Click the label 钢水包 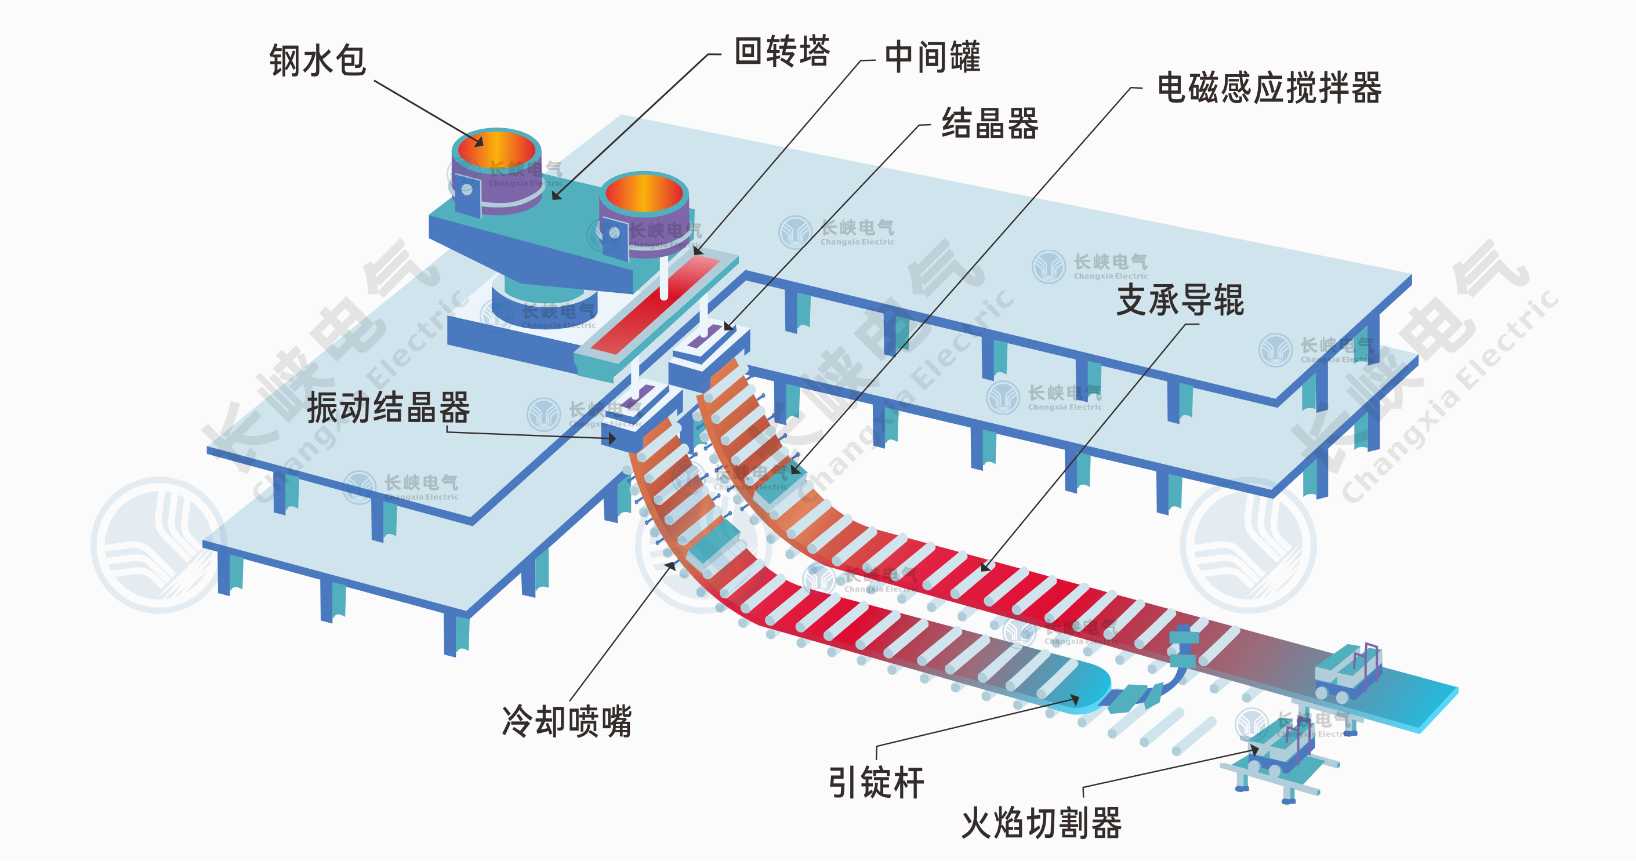[x=318, y=61]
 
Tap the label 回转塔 [x=782, y=52]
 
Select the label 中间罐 [x=933, y=57]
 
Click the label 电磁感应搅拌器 [x=1268, y=88]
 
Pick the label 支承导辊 [x=1180, y=300]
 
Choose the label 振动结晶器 [x=388, y=408]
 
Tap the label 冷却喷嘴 [x=567, y=721]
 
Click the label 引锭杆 [x=876, y=783]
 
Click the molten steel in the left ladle [x=497, y=151]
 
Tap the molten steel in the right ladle [x=644, y=194]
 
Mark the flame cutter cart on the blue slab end [x=1347, y=673]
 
